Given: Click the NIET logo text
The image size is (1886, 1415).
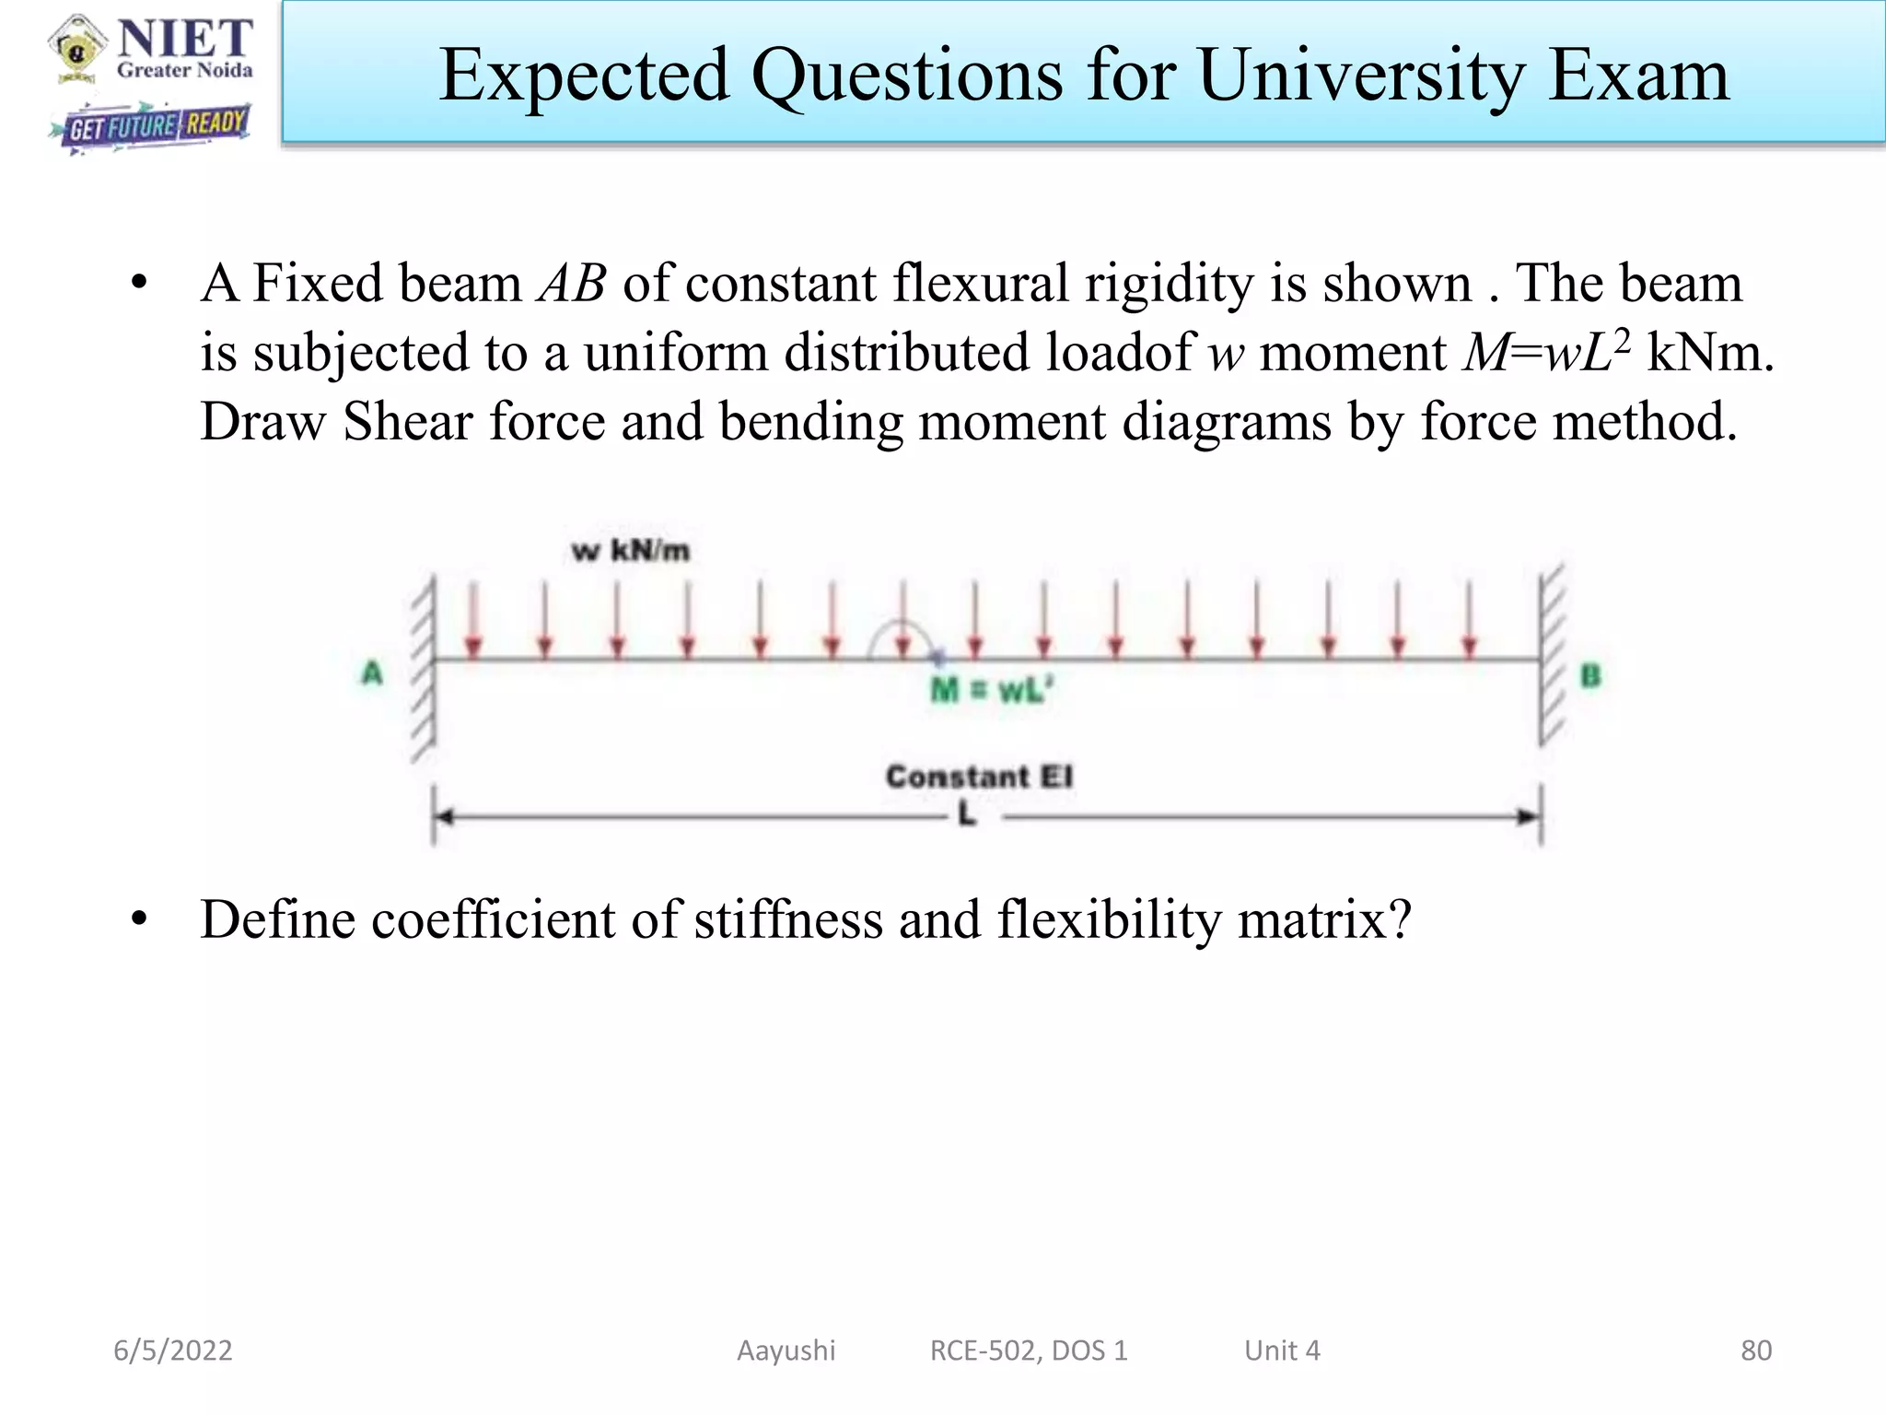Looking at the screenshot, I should click(184, 39).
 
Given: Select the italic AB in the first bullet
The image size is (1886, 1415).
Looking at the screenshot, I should click(572, 284).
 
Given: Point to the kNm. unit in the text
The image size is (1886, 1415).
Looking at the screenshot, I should click(1709, 353).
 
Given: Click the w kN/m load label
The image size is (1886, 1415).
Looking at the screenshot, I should click(630, 551).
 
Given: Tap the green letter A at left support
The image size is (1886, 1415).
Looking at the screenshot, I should click(372, 673).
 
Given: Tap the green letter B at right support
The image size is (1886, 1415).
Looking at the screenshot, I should click(1590, 676).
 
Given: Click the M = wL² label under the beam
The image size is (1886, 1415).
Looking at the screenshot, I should click(991, 690).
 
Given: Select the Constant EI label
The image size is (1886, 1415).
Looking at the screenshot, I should click(979, 777).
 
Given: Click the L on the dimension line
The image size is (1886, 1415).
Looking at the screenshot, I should click(966, 814).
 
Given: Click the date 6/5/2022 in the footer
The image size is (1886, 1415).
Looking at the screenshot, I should click(172, 1351).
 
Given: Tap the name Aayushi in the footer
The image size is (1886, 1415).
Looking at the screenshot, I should click(786, 1351).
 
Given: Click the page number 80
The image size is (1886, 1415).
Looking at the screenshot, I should click(1755, 1351).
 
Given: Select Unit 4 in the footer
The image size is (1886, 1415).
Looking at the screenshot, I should click(1281, 1351).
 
